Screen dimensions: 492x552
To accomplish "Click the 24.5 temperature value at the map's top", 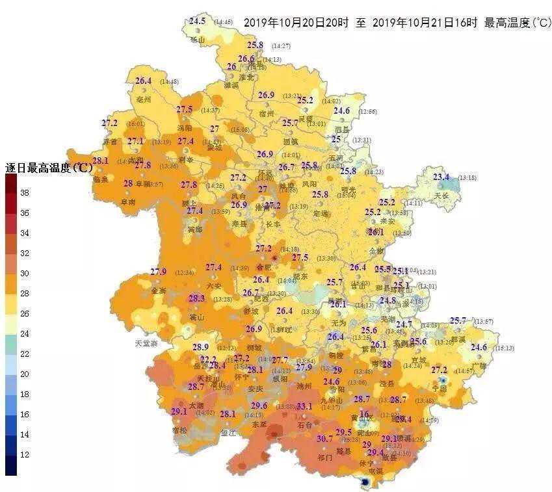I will coord(197,21).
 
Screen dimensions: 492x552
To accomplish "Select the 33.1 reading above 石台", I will coord(304,406).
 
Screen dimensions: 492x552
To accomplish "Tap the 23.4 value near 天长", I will coord(441,177).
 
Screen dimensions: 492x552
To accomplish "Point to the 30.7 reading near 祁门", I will coord(324,439).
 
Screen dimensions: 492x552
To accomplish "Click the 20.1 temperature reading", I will coord(338,304).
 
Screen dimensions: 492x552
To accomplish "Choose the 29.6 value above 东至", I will coord(259,406).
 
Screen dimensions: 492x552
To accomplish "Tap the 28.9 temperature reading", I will coord(200,347).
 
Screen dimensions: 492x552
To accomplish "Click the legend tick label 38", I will coord(25,193).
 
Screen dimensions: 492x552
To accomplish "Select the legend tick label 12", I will coord(25,454).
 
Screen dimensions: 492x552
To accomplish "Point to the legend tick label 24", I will coord(25,333).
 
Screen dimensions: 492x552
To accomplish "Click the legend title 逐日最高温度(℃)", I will coord(49,168).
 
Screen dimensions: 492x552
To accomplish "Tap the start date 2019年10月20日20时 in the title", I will coord(296,23).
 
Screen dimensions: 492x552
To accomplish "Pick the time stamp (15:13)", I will coord(504,348).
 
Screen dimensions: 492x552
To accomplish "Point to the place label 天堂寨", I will coord(146,343).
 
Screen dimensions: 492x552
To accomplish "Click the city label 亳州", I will coord(144,100).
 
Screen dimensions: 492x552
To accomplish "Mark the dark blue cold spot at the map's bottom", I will coord(365,482).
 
